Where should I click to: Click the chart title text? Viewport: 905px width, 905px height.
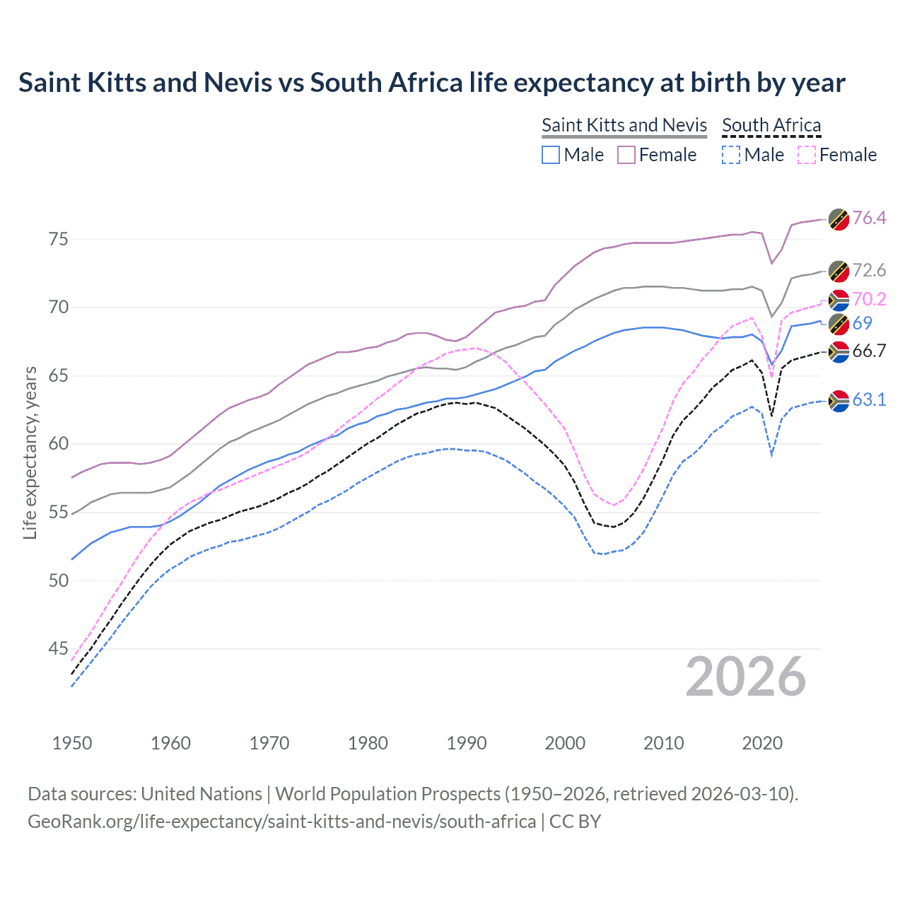point(431,83)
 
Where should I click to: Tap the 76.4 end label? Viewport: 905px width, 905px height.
point(869,218)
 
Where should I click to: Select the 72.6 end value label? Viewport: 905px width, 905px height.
point(869,270)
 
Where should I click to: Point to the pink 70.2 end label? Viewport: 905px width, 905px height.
point(869,299)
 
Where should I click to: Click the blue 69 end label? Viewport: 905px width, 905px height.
point(862,323)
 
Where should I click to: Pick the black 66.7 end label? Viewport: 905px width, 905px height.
point(869,351)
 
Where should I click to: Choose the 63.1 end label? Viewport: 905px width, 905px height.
point(869,399)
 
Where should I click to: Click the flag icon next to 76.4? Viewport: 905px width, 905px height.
point(839,219)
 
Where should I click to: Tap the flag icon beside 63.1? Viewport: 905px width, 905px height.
point(839,401)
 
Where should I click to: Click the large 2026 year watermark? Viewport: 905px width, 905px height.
point(745,677)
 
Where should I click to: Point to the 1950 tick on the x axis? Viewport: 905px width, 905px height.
point(72,743)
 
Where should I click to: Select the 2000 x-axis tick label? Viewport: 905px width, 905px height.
point(565,743)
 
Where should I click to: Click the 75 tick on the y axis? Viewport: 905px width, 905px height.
point(59,239)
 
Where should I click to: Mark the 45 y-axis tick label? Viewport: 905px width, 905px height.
point(59,648)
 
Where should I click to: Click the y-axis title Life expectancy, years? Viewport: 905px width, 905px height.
point(30,452)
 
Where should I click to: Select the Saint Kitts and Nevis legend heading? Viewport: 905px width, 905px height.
point(624,125)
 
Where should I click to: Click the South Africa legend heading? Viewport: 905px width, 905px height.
point(771,125)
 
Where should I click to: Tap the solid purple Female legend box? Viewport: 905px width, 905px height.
point(626,155)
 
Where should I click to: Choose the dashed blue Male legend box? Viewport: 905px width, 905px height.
point(731,155)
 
